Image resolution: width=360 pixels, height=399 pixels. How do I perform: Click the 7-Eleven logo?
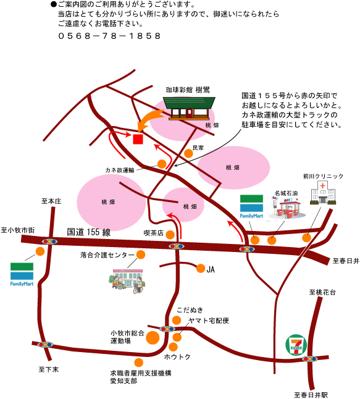click(x=296, y=345)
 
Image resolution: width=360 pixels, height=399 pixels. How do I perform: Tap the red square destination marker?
click(x=138, y=139)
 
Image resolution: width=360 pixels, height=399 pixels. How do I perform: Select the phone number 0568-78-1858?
click(x=109, y=36)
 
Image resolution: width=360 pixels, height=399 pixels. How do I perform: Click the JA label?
click(x=211, y=269)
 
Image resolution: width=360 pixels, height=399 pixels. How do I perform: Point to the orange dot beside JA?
click(x=201, y=268)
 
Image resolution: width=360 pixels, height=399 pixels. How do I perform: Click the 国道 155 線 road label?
click(x=89, y=232)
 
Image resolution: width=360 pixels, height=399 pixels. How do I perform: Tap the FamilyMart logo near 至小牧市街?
click(x=22, y=274)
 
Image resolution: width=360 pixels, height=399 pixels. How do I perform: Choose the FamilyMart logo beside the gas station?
click(x=251, y=206)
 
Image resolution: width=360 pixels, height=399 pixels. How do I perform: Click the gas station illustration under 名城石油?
click(x=287, y=208)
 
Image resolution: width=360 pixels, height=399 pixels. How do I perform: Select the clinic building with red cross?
click(x=323, y=193)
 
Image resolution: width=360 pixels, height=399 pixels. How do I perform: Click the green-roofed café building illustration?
click(x=189, y=108)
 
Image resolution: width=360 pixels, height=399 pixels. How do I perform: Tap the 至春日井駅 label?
click(x=311, y=395)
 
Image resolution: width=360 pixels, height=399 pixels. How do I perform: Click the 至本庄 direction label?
click(x=51, y=201)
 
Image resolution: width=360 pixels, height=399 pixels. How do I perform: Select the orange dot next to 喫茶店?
click(x=170, y=235)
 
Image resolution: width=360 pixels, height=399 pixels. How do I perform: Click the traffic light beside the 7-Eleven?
click(x=309, y=359)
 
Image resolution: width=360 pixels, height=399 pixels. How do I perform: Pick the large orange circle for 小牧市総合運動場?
click(x=153, y=338)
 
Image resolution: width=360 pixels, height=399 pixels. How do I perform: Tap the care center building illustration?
click(x=127, y=280)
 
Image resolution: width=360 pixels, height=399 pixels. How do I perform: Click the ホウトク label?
click(x=177, y=357)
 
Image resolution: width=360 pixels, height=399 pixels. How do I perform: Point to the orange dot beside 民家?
click(x=188, y=153)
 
